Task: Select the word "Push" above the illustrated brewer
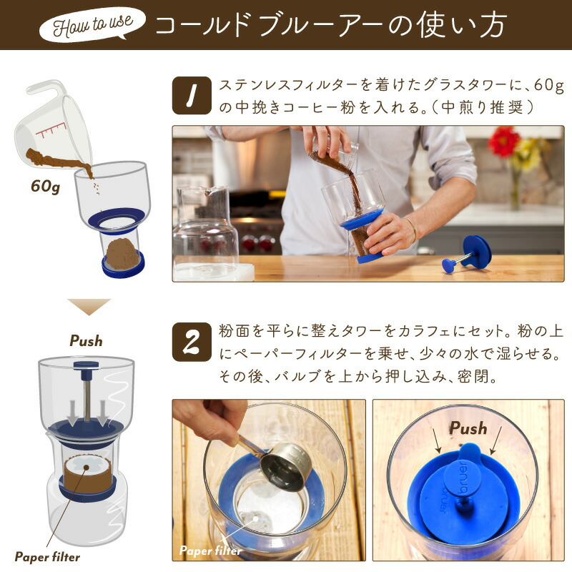tap(86, 340)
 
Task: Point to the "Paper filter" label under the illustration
tap(47, 556)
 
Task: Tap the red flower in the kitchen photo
tap(504, 142)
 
